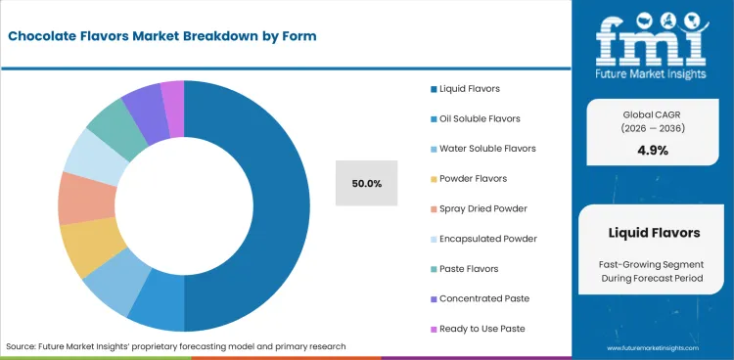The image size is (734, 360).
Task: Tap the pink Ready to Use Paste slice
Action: [x=173, y=96]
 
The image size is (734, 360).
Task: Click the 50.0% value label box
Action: [x=367, y=183]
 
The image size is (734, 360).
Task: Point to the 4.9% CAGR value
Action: [x=653, y=150]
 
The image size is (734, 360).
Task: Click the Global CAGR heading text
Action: [x=653, y=114]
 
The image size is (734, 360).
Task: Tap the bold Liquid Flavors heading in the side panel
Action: [x=653, y=233]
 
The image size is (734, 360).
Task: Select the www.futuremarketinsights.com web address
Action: [x=654, y=347]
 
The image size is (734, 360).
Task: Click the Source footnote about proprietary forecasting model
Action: [x=176, y=346]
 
